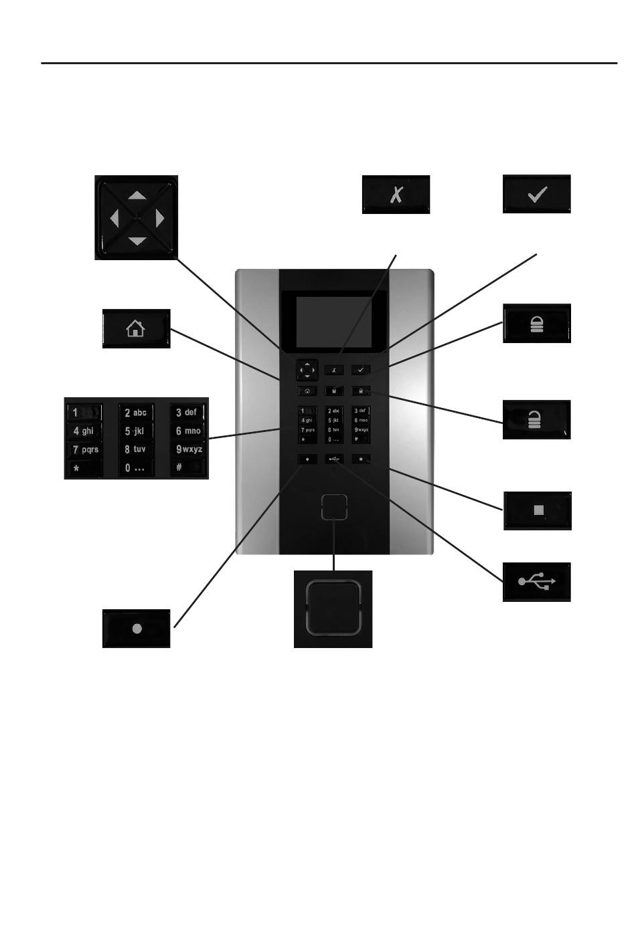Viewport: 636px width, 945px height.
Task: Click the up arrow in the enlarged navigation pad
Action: coord(136,195)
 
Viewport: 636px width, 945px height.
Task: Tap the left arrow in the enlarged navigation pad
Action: coord(114,217)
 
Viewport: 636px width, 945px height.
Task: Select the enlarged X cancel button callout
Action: coord(396,195)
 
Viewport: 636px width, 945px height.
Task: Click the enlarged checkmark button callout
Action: coord(537,194)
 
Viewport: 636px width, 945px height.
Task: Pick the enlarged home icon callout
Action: coord(136,328)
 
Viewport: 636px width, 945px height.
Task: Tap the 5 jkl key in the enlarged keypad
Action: coord(136,431)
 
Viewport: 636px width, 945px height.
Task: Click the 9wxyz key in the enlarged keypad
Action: coord(188,449)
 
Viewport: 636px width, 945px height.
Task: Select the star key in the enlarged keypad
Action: coord(84,468)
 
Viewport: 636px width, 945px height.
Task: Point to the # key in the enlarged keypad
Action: coord(187,467)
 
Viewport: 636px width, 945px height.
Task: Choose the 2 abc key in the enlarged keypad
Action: coord(136,413)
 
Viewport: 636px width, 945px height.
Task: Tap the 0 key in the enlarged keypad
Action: coord(136,468)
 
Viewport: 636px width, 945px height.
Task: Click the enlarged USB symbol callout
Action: coord(537,582)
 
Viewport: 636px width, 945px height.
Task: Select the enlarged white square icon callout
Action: coord(538,511)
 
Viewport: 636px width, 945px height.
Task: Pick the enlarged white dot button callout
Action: coord(137,629)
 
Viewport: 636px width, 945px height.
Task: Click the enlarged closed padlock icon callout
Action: coord(537,324)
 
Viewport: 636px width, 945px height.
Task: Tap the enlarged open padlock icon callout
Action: coord(537,420)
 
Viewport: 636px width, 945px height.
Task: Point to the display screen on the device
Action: coord(333,322)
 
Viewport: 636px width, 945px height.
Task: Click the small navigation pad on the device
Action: coord(307,369)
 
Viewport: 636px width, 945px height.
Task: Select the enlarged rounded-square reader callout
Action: coord(333,609)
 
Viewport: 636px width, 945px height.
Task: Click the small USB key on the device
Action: coord(334,459)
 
